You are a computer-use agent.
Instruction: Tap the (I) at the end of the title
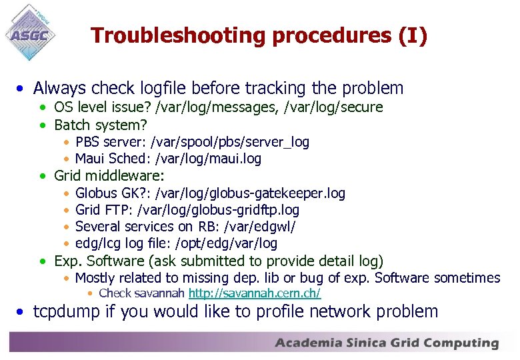coord(413,35)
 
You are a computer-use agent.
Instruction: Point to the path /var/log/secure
coord(334,107)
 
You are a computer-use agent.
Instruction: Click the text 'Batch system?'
coord(101,125)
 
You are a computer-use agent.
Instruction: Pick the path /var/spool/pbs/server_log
coord(231,142)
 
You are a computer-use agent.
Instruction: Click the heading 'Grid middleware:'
coord(109,176)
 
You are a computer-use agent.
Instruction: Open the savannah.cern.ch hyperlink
coord(255,293)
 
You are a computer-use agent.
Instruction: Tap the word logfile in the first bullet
coord(166,88)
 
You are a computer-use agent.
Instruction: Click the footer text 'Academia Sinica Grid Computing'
coord(387,343)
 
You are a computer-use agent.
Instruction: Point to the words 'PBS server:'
coord(112,142)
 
